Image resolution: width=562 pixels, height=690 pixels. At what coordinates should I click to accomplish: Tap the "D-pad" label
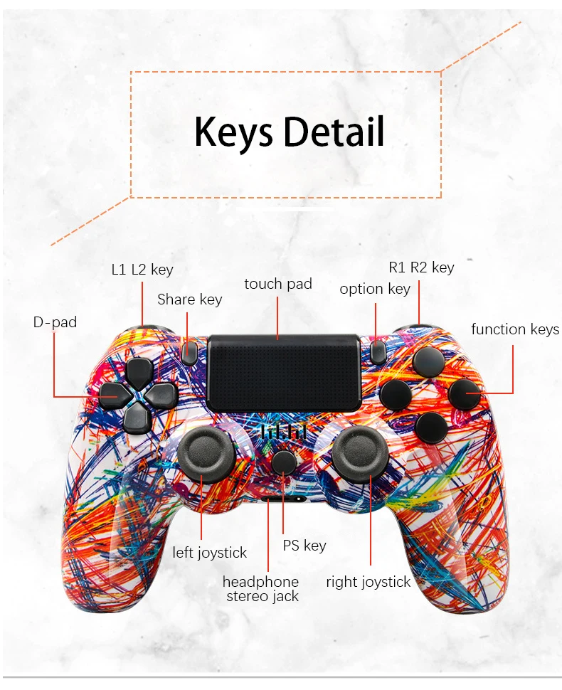[55, 322]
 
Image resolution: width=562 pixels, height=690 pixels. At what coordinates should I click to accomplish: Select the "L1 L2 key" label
[142, 270]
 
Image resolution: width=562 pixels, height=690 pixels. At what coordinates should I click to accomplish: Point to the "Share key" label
[189, 299]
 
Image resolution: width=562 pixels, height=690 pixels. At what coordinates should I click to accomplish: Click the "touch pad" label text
[278, 284]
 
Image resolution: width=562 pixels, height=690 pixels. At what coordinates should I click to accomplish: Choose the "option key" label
[375, 288]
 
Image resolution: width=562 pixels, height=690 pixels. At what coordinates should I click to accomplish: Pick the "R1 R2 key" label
[421, 267]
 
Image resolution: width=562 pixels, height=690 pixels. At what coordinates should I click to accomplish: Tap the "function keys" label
[515, 329]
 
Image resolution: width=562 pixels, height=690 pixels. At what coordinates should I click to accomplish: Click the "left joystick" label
[210, 552]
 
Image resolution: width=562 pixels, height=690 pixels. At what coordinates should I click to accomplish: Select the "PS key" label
[304, 545]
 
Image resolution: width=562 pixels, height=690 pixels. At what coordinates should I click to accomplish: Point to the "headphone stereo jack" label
[260, 589]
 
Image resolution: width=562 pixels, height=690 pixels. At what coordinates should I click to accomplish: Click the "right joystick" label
[369, 582]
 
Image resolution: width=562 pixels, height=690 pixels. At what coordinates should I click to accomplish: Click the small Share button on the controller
[189, 352]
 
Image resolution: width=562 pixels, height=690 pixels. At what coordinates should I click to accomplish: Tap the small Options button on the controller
[378, 349]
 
